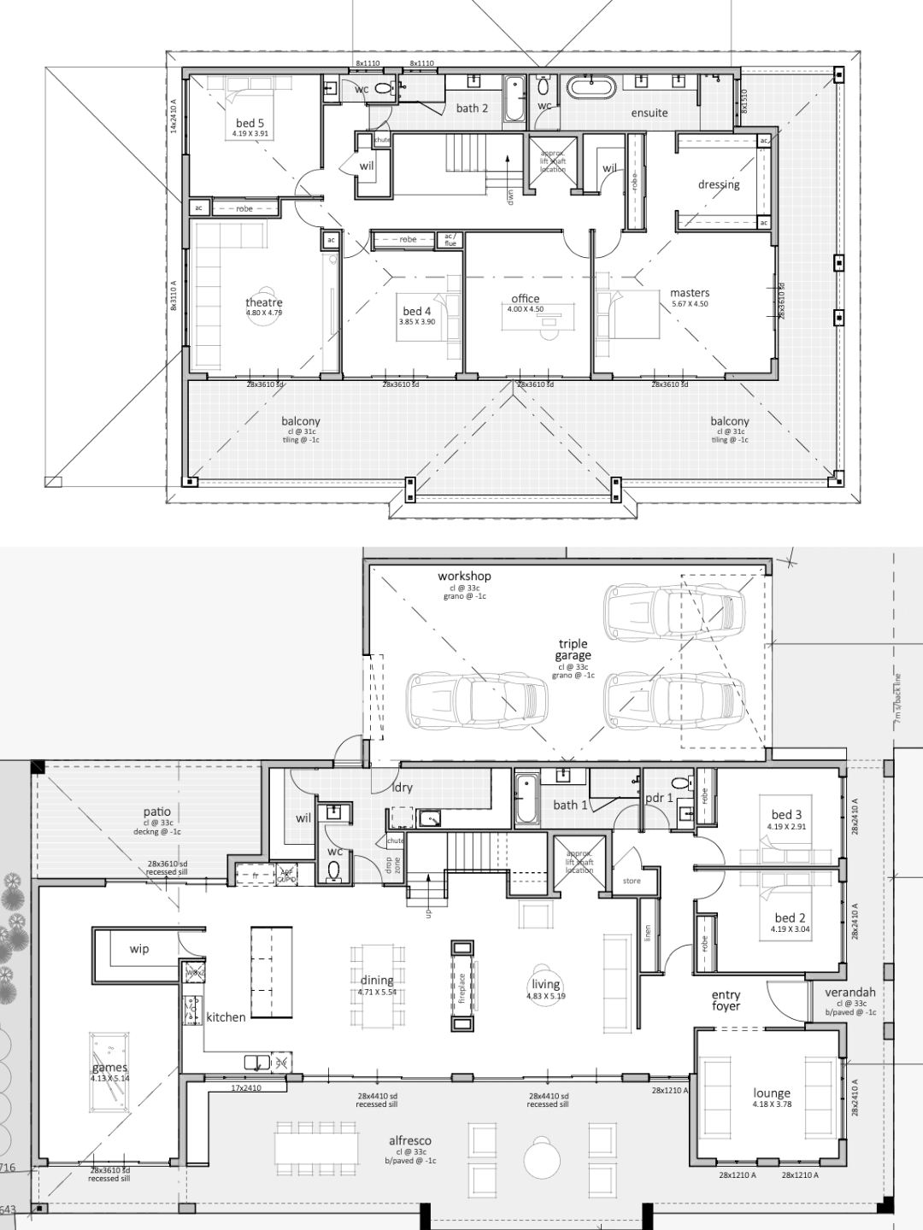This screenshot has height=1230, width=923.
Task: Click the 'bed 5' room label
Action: [250, 124]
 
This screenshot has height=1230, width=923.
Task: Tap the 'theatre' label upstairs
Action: [263, 302]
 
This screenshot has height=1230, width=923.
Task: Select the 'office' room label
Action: [525, 299]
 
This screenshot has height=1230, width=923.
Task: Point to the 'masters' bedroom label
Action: [690, 293]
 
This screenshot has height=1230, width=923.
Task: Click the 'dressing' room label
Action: [718, 184]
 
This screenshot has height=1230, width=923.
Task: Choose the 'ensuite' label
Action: [650, 113]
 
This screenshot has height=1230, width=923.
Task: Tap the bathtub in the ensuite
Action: [591, 87]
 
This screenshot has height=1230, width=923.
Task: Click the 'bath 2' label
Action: [472, 108]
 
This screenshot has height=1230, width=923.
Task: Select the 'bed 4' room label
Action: [417, 312]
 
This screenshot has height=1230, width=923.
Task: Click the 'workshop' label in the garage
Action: [464, 577]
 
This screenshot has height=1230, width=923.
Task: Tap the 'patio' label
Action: [157, 812]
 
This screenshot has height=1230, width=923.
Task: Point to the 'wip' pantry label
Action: [139, 949]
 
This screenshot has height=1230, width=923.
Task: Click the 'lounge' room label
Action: [772, 1093]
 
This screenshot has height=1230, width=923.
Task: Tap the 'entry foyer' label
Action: [726, 1000]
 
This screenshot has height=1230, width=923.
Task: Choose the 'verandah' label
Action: [850, 993]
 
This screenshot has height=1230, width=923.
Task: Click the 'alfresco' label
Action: [410, 1140]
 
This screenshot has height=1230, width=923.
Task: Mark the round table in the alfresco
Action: [544, 1160]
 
